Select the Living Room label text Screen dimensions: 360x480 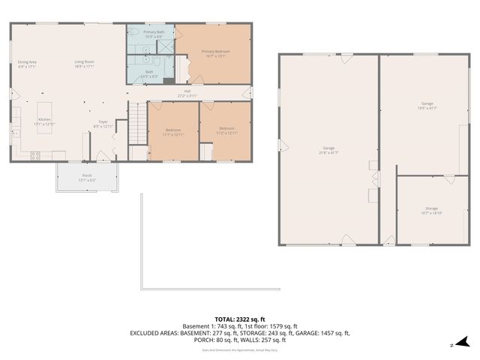point(84,64)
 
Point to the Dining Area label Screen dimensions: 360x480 point(28,64)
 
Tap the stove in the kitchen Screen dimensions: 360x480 point(35,155)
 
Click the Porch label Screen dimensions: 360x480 point(87,177)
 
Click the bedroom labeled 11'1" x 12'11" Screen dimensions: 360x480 point(173,132)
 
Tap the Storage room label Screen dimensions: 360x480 point(431,211)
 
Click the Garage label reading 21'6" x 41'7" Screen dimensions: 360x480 point(328,150)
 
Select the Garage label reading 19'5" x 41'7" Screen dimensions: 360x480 point(428,106)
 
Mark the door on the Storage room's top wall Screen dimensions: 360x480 point(448,178)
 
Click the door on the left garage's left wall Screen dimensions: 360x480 point(281,145)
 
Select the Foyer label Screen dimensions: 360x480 point(103,124)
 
